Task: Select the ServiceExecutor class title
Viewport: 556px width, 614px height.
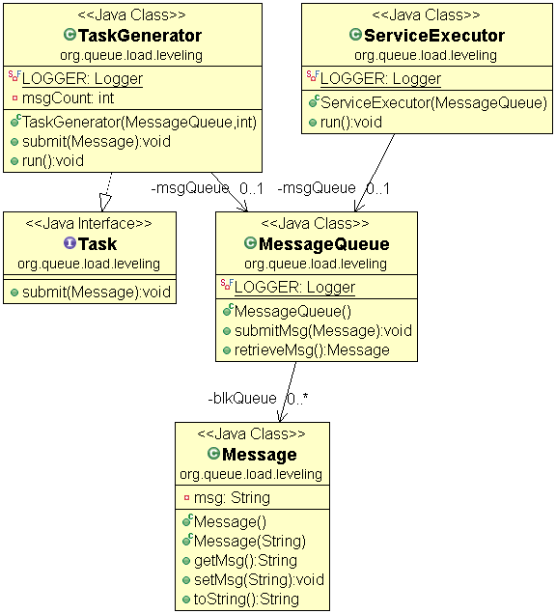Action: point(433,36)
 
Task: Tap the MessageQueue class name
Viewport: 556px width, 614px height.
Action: point(323,244)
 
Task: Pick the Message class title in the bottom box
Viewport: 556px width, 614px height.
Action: point(259,454)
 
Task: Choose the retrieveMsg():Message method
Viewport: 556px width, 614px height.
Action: point(312,349)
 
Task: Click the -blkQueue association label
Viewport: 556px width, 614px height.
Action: point(241,398)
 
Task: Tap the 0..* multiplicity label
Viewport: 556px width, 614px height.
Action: point(297,398)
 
